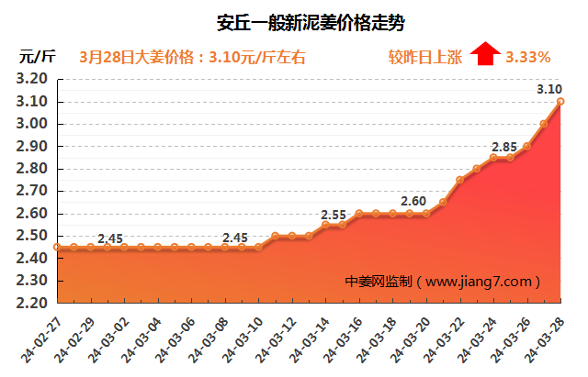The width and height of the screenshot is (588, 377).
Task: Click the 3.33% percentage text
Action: [528, 57]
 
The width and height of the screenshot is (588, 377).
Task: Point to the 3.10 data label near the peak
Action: [549, 89]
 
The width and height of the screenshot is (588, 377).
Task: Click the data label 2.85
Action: [504, 147]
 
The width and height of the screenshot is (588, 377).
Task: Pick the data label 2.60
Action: [413, 201]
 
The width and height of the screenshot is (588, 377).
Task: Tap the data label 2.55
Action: [334, 215]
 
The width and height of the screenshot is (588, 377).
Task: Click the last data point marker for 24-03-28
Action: [560, 102]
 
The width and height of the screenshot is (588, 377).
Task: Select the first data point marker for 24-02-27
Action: [57, 247]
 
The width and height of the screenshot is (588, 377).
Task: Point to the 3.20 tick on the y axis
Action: [32, 80]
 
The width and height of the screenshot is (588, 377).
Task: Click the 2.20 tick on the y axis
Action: [32, 303]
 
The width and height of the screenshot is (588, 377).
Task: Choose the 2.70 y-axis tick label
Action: [32, 191]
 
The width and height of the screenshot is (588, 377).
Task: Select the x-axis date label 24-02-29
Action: [77, 338]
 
